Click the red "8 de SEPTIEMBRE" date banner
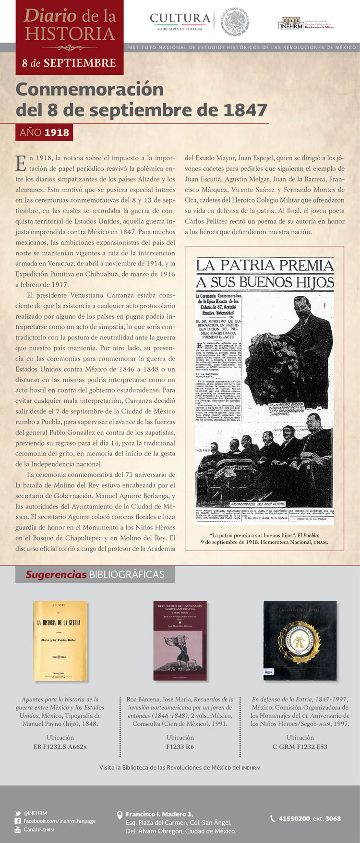coord(69,63)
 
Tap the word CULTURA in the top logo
coord(180,18)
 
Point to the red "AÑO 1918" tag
coord(44,132)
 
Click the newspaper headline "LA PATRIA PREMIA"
coord(264,265)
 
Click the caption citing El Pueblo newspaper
coord(264,538)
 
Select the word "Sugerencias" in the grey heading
coord(56,575)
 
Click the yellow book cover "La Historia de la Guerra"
coord(60,640)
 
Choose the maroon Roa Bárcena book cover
coord(180,640)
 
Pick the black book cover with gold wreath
coord(300,640)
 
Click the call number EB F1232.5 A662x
coord(60,747)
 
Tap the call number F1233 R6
coord(180,747)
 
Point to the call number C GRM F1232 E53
coord(300,747)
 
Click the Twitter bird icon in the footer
coord(18,813)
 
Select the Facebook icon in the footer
coord(18,821)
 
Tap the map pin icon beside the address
coord(120,815)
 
